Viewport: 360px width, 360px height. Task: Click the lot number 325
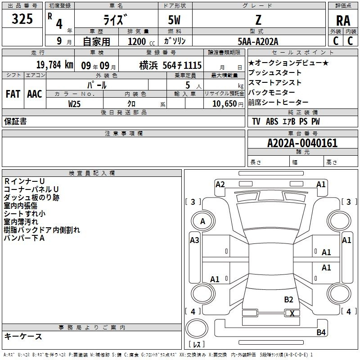click(x=22, y=18)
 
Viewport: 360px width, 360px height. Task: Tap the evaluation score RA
click(x=343, y=21)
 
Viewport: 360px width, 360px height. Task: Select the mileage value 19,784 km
click(x=55, y=65)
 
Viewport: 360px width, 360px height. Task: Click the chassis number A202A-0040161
click(x=302, y=143)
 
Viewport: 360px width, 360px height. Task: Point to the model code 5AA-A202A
click(x=258, y=41)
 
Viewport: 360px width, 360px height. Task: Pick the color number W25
click(x=74, y=104)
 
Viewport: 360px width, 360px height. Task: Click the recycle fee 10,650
click(x=225, y=104)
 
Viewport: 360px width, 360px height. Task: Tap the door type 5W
click(x=174, y=20)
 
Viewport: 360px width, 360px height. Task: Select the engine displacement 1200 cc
click(x=141, y=41)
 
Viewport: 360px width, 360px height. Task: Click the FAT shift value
click(x=13, y=94)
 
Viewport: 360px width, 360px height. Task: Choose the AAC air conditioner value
click(x=35, y=94)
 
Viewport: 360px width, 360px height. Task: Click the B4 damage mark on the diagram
click(x=321, y=332)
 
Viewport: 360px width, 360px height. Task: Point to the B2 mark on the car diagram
click(x=288, y=300)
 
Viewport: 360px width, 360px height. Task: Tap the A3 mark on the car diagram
click(x=194, y=240)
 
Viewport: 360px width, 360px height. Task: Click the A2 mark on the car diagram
click(x=220, y=184)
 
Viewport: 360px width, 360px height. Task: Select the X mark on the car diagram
click(x=292, y=313)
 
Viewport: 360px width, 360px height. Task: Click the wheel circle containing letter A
click(x=203, y=221)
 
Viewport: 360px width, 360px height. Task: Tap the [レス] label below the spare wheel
click(x=197, y=344)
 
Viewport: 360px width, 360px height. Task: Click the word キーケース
click(x=23, y=336)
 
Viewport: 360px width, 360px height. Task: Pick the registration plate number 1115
click(x=193, y=65)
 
